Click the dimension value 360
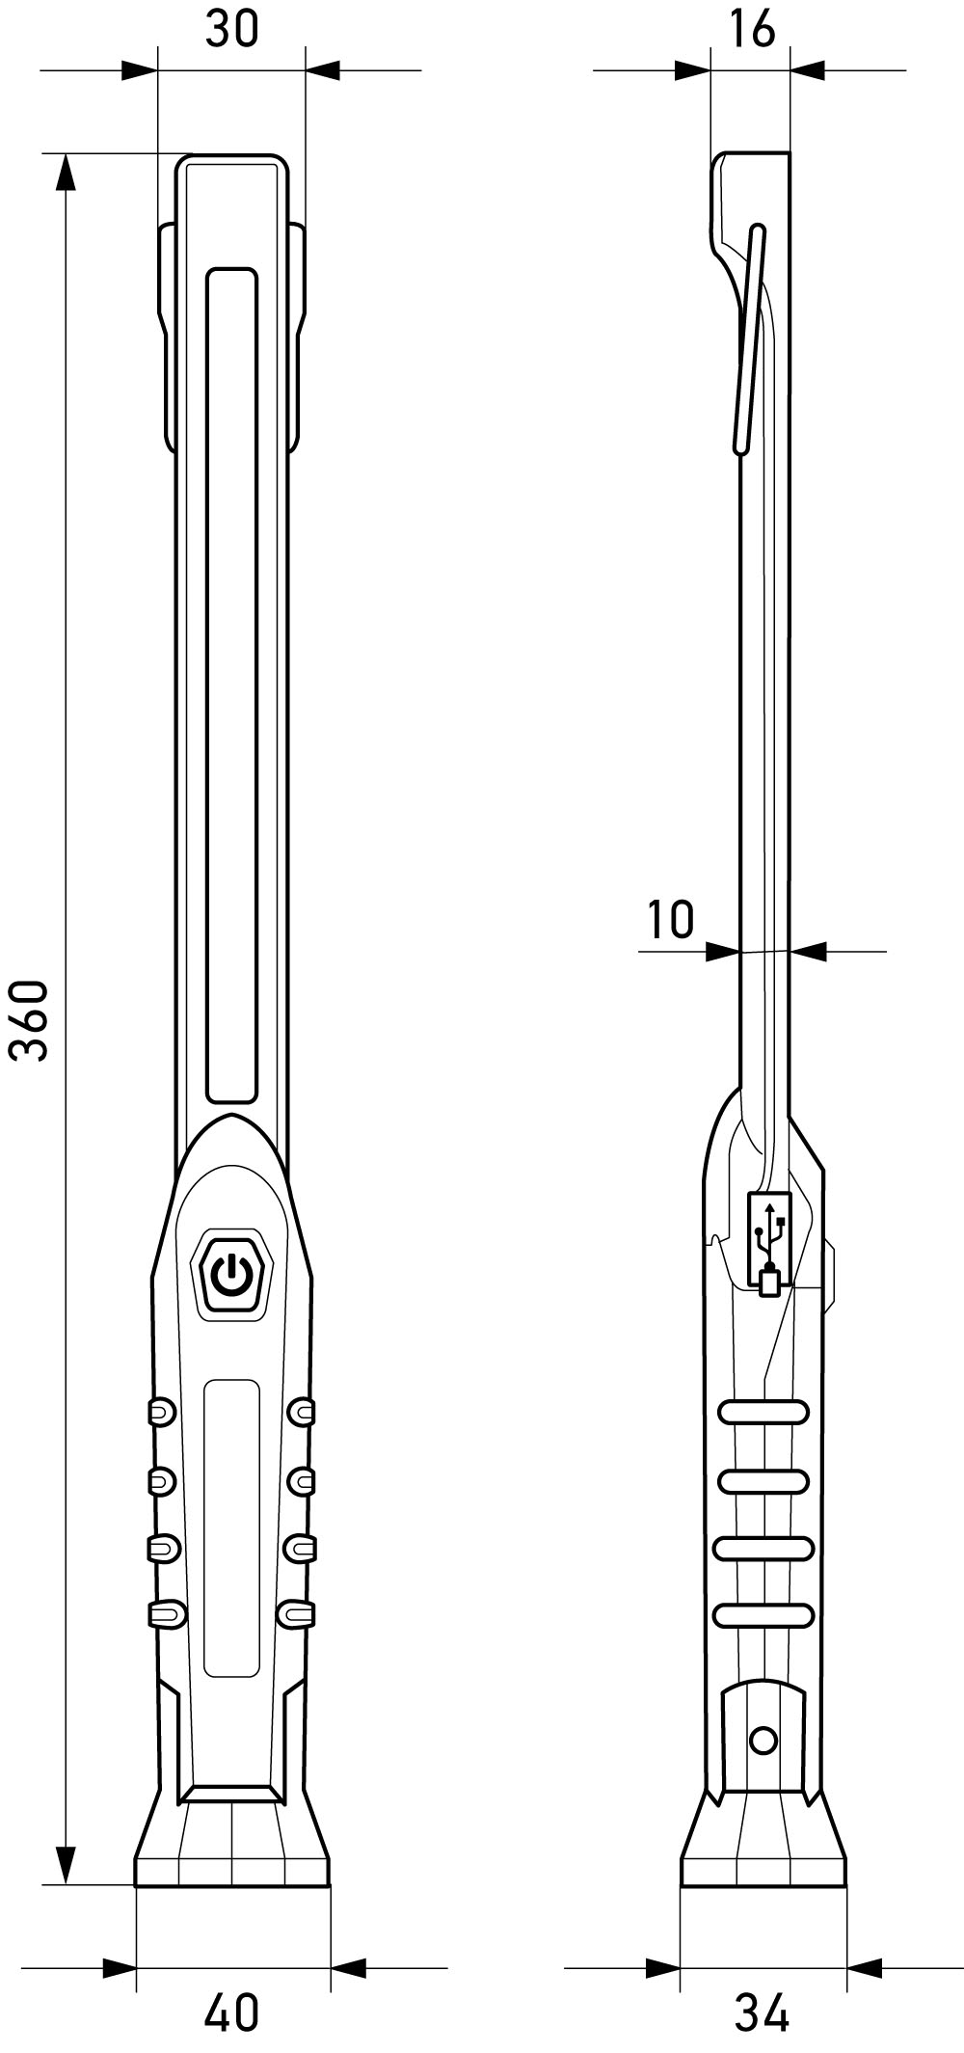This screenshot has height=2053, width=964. pos(30,1020)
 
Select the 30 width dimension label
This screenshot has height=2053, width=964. pos(232,29)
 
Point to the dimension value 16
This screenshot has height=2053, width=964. pos(751,29)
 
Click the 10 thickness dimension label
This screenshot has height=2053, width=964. pos(671,919)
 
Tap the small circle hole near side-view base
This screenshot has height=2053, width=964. pos(763,1741)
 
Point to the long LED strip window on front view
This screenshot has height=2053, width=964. pos(232,685)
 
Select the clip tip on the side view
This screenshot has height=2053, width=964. pos(758,232)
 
